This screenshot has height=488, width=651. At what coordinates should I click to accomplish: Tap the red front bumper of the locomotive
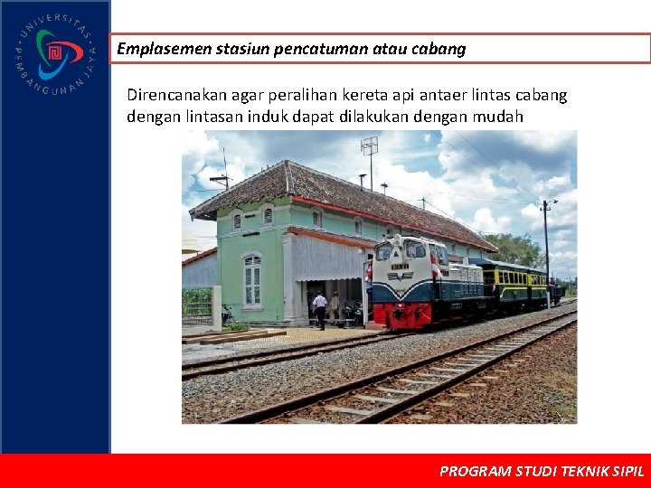tap(402, 315)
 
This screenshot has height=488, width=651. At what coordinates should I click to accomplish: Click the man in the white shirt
tap(319, 309)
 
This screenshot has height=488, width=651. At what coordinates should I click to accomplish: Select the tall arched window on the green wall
tap(252, 279)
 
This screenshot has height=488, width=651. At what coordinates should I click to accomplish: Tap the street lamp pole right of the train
tap(547, 253)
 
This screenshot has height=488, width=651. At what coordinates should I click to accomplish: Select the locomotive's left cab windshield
tap(383, 250)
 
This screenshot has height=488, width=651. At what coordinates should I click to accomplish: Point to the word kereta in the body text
tap(359, 95)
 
